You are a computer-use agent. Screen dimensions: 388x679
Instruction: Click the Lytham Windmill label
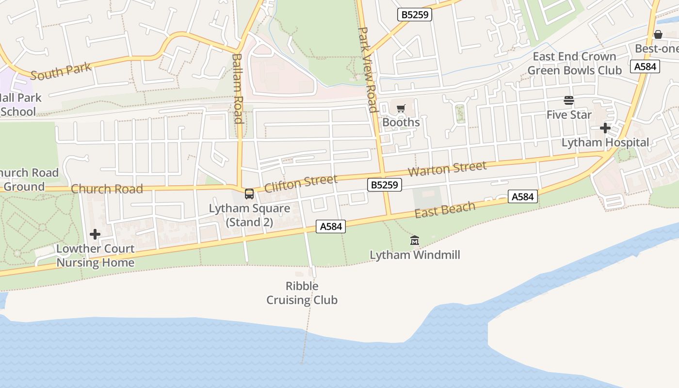coord(415,255)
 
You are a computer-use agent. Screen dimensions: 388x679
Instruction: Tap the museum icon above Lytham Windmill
coord(415,240)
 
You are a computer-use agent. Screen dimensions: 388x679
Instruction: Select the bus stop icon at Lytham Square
coord(249,194)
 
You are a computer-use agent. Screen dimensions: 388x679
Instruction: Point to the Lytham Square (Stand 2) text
coord(249,215)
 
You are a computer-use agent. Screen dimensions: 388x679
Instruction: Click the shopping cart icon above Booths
coord(401,108)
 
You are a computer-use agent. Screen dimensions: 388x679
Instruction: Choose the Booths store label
coord(401,122)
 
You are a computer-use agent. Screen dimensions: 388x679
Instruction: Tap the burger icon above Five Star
coord(569,100)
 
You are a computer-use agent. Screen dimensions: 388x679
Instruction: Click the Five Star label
coord(569,115)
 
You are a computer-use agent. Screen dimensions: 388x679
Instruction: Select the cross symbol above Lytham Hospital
coord(605,128)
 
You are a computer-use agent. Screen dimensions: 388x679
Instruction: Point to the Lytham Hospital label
coord(605,143)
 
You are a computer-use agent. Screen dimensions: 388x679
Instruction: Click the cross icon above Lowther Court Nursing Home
coord(95,234)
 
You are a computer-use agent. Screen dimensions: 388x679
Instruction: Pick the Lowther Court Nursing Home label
coord(95,256)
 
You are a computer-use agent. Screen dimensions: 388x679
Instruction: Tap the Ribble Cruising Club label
coord(302,293)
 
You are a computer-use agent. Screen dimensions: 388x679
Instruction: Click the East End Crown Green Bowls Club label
coord(574,64)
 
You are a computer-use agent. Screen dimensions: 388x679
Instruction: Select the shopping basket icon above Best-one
coord(658,34)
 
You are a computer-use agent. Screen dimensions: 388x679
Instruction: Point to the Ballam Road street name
coord(237,88)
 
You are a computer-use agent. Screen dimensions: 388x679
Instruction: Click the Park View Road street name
coord(368,69)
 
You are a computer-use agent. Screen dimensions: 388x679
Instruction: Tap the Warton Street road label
coord(447,169)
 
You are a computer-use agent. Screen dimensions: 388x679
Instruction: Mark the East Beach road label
coord(445,210)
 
